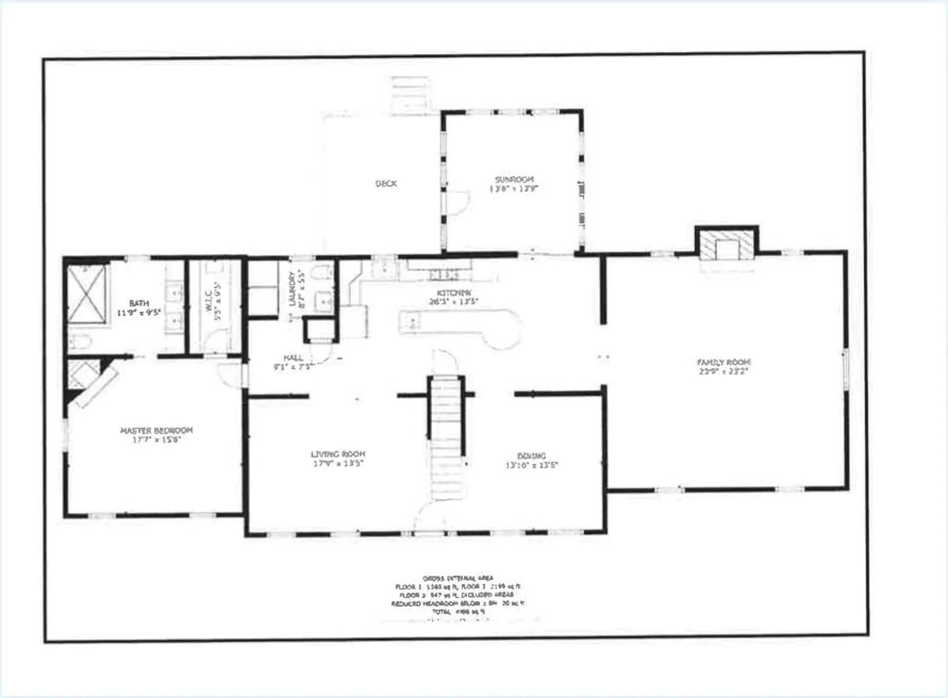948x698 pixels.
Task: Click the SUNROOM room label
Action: tap(514, 179)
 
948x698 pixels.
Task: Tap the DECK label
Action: tap(386, 183)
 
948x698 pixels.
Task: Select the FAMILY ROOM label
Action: tap(723, 362)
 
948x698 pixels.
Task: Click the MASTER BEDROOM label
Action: tap(157, 430)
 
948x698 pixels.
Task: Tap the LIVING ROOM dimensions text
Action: tap(338, 463)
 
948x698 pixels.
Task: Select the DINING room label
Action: tap(531, 456)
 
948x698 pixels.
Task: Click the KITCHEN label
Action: tap(454, 293)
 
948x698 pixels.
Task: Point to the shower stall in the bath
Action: tap(87, 294)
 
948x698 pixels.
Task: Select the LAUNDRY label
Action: tap(292, 288)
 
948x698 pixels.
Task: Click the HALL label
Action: tap(293, 358)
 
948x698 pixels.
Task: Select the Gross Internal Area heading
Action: tap(458, 578)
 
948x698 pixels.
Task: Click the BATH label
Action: tap(139, 303)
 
